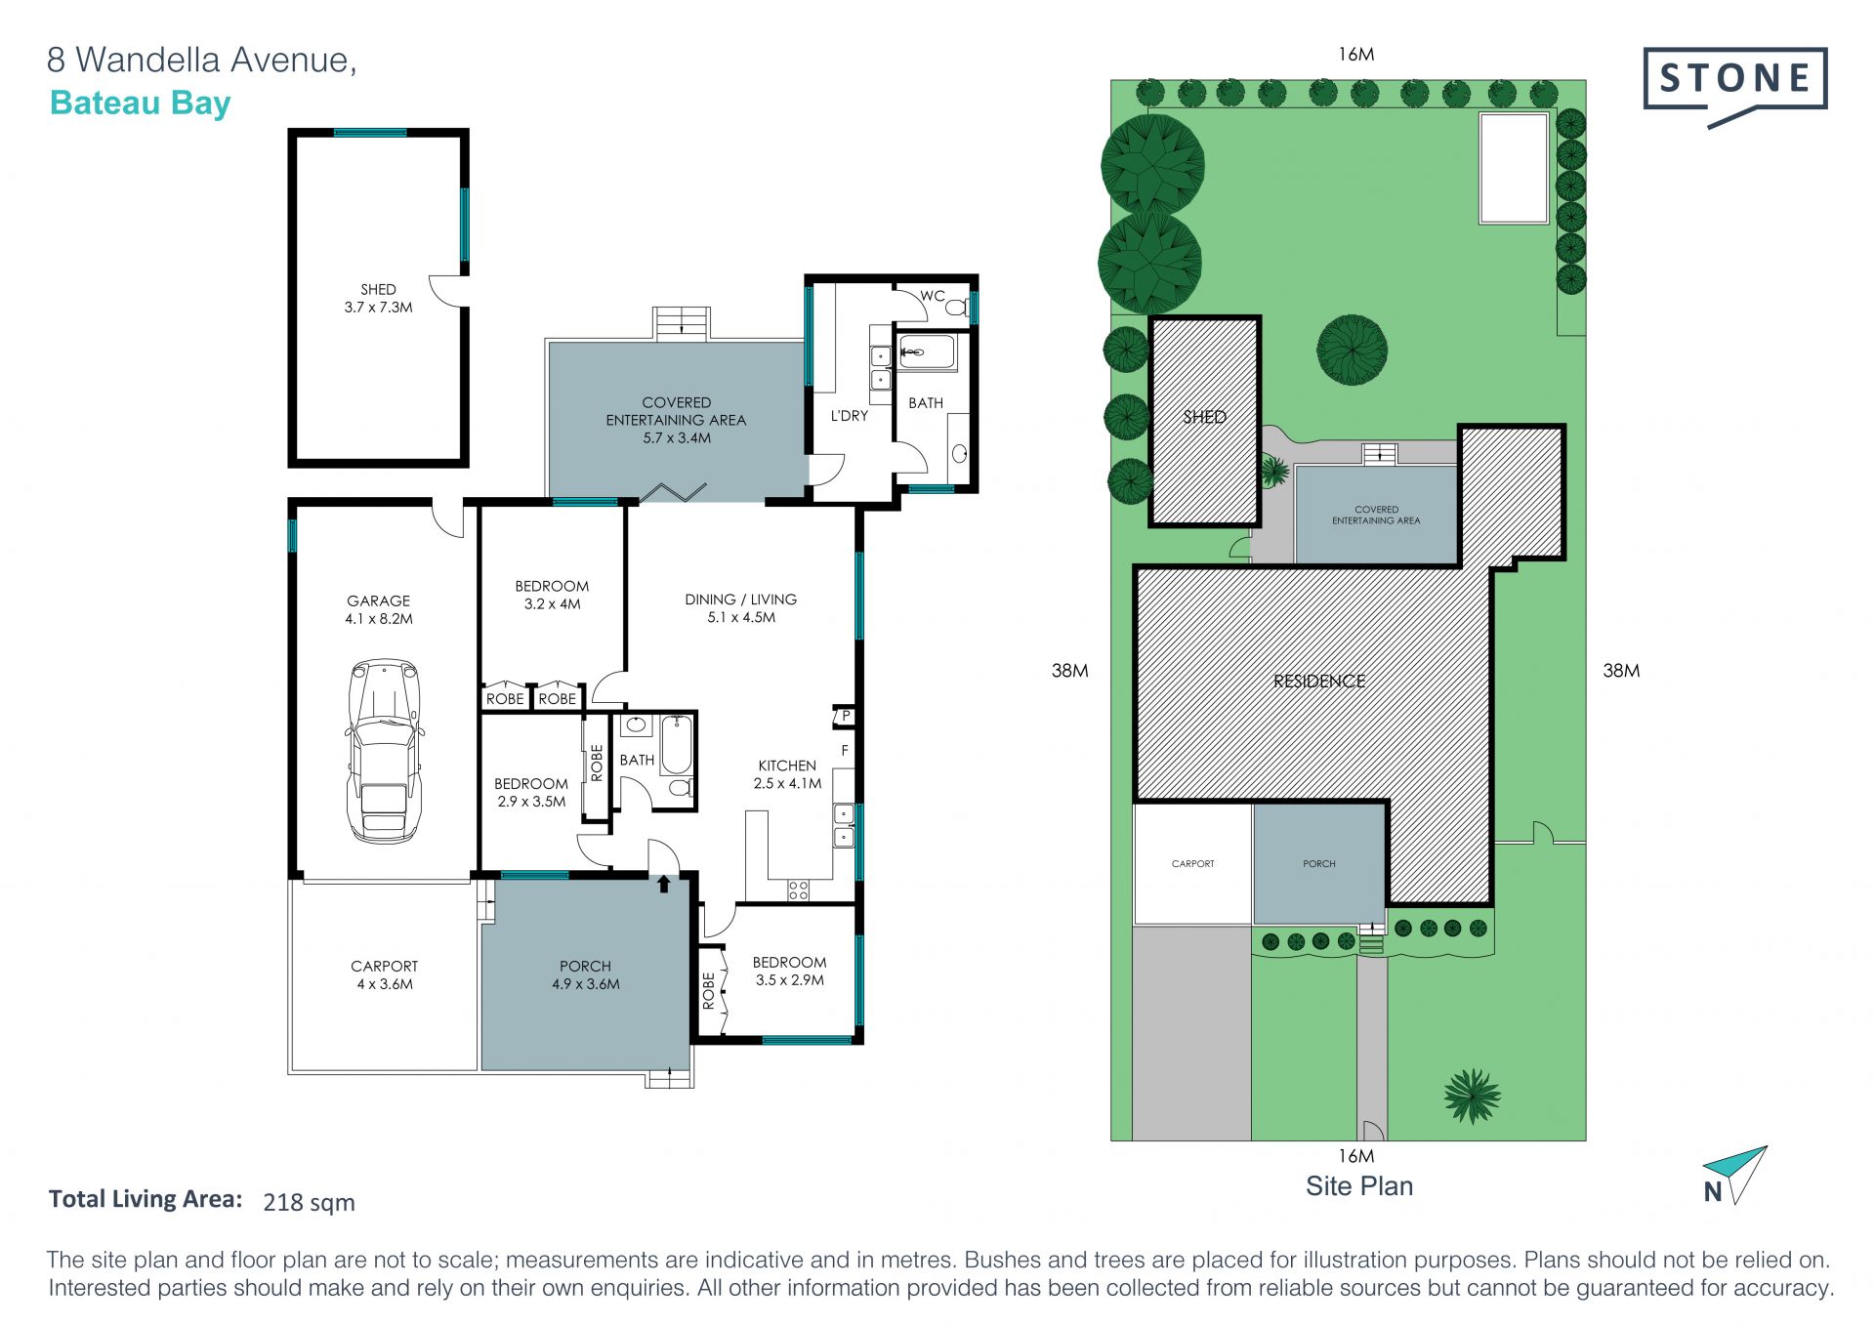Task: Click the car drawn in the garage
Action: (x=385, y=750)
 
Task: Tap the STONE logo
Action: (x=1735, y=87)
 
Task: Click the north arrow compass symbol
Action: (x=1734, y=1176)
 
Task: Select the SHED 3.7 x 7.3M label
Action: (x=378, y=298)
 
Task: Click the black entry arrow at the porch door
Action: (x=664, y=884)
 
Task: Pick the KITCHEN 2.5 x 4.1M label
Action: (x=787, y=774)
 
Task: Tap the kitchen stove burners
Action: (x=799, y=890)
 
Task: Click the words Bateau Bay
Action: (x=140, y=103)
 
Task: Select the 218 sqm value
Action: (x=309, y=1202)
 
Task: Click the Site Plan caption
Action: (x=1359, y=1185)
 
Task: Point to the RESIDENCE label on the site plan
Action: (x=1319, y=681)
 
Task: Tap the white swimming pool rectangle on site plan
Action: (x=1514, y=168)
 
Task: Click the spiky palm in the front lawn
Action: (x=1472, y=1096)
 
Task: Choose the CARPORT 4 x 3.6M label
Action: (x=385, y=974)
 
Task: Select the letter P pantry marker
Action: (x=846, y=717)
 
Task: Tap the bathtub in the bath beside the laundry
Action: (x=927, y=352)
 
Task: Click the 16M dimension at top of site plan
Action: (x=1356, y=55)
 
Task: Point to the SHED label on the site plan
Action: (x=1204, y=417)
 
